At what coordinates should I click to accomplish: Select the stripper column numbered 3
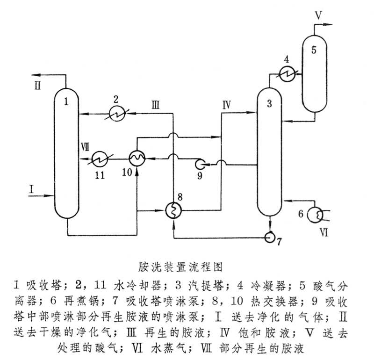click(x=270, y=154)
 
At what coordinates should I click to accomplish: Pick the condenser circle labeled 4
click(x=286, y=73)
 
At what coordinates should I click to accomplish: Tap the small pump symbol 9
click(x=200, y=164)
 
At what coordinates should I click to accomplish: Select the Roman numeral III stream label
click(x=156, y=105)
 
